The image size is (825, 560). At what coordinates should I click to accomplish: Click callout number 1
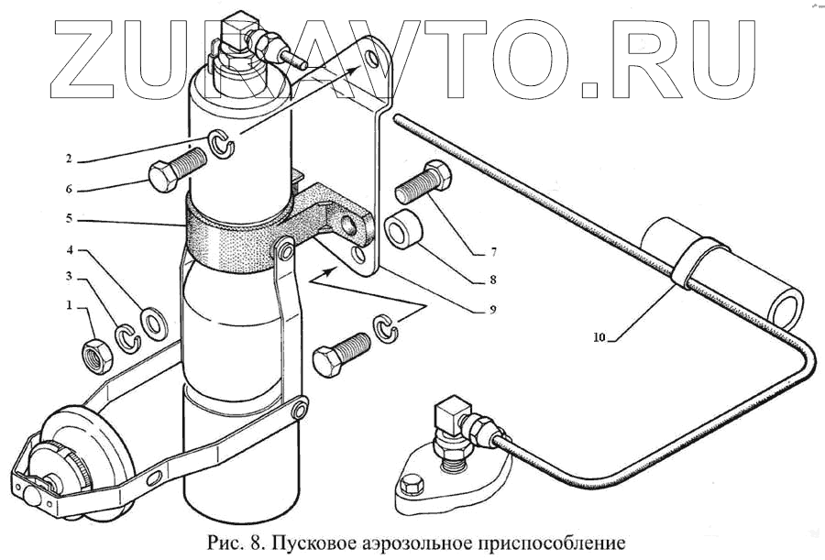point(70,303)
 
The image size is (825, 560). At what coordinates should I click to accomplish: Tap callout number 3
point(70,276)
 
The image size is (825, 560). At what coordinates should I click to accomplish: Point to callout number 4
point(70,249)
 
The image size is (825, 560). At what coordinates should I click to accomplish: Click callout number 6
point(70,190)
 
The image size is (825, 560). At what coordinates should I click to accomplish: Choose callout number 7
point(492,250)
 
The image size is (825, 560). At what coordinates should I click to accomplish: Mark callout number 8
point(492,280)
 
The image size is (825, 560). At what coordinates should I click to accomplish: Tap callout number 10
point(599,337)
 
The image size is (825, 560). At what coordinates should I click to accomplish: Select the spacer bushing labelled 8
point(403,231)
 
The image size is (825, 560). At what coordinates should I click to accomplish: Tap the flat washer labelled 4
point(150,321)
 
